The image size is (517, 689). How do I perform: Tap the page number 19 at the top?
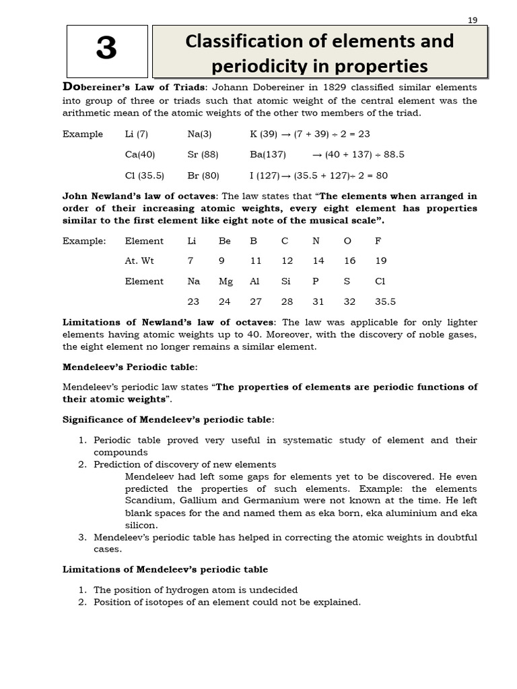point(472,20)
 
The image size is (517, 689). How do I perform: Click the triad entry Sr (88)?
point(203,154)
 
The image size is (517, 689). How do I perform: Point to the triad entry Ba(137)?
point(267,154)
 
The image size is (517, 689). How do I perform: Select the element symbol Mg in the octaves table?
point(226,281)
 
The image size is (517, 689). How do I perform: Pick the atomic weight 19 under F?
point(381,261)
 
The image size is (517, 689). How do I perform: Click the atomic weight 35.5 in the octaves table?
point(385,302)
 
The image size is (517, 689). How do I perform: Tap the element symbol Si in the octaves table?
point(286,281)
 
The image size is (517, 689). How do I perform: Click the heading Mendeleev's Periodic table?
point(130,367)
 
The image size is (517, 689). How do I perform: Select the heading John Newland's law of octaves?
point(139,196)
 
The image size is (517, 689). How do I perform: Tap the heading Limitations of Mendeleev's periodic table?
point(165,569)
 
